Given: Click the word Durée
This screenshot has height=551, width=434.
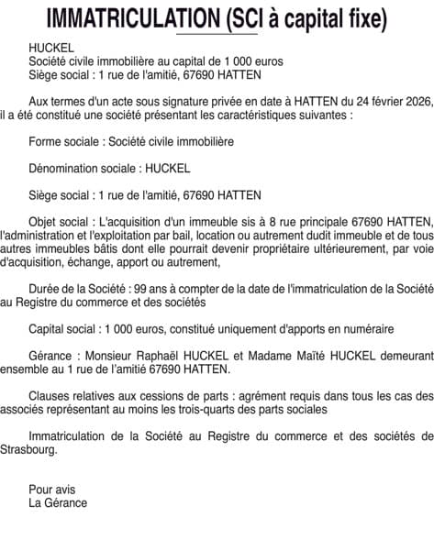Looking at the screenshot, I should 48,288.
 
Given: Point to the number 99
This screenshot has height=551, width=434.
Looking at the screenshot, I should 138,288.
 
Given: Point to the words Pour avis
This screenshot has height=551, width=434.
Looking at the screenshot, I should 50,489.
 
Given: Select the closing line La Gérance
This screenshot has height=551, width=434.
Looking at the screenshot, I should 58,502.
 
